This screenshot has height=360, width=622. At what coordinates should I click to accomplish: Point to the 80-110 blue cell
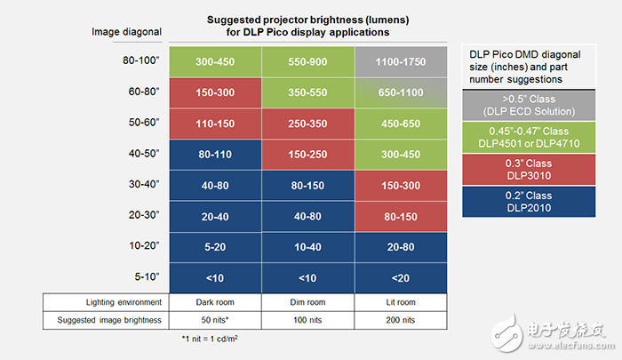[x=215, y=153]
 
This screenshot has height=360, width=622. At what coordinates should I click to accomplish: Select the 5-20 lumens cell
[x=215, y=245]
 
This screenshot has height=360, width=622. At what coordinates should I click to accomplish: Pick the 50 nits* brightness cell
[x=215, y=317]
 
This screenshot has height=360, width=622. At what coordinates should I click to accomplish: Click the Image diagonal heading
[x=127, y=33]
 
